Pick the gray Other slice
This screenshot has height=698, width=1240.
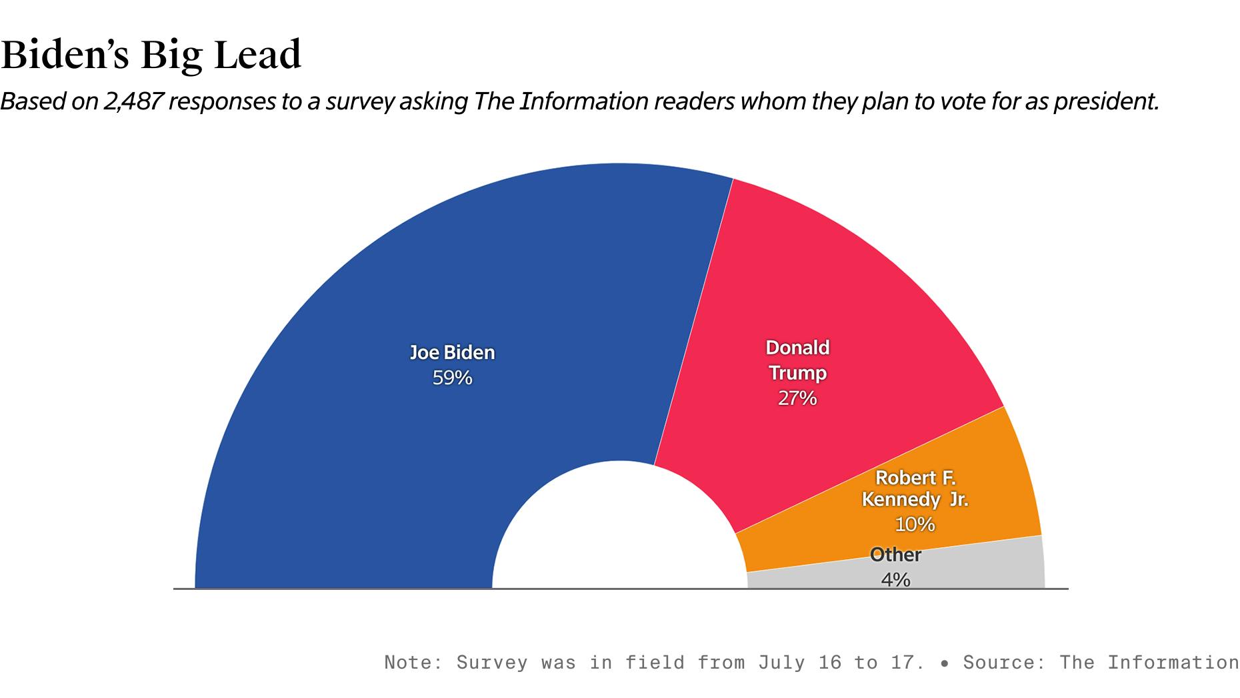tap(987, 567)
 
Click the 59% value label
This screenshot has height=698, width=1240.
tap(452, 378)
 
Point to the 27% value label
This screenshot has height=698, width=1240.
tap(797, 398)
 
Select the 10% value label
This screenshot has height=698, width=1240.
tap(915, 525)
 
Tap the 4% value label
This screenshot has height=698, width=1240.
tap(895, 580)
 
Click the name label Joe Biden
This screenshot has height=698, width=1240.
tap(452, 352)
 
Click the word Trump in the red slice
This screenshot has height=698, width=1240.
tap(797, 373)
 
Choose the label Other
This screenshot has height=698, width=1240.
tap(895, 555)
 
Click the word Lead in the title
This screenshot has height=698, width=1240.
tap(257, 55)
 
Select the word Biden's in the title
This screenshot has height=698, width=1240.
tap(65, 55)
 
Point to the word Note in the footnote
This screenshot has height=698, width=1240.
tap(408, 663)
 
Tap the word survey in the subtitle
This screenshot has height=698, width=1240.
tap(360, 101)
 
